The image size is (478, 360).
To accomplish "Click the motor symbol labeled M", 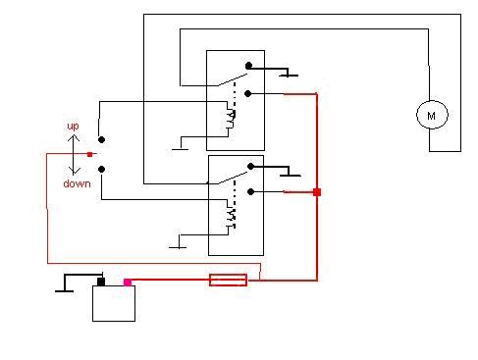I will tap(431, 115).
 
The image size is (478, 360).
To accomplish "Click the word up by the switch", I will tap(73, 128).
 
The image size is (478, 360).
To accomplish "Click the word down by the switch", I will tap(77, 183).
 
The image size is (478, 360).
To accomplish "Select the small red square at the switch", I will tap(90, 154).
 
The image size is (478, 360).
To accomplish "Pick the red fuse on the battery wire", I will tap(228, 281).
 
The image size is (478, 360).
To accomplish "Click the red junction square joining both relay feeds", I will tap(316, 192).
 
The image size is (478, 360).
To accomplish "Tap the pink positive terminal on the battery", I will tap(127, 283).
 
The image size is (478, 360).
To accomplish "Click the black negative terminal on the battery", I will tap(100, 282).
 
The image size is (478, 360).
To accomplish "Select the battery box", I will tap(113, 303).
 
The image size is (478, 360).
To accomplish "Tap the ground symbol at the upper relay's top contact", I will tap(289, 75).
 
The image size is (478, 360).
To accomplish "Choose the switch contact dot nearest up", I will tap(99, 137).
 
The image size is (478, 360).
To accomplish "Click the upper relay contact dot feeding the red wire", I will tap(247, 94).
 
